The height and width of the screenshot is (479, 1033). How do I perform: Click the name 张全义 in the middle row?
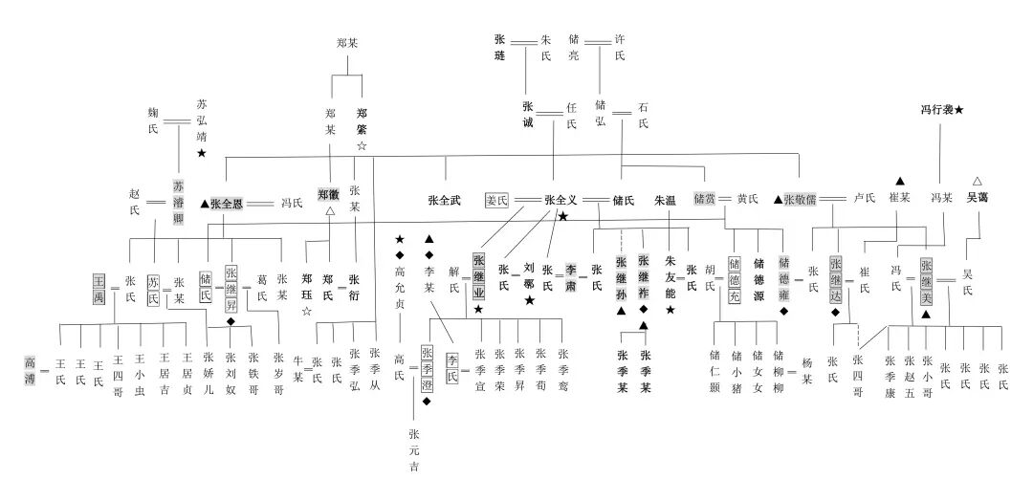pos(562,201)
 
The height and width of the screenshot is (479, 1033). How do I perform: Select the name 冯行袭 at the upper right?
pos(934,110)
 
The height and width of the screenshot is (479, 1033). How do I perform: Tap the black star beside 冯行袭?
pos(958,110)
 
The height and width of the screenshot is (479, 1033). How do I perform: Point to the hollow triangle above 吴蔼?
pos(977,181)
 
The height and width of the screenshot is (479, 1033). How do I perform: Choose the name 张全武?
pos(445,201)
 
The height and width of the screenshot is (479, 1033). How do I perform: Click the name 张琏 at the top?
pos(499,49)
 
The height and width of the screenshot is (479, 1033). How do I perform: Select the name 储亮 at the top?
pos(574,49)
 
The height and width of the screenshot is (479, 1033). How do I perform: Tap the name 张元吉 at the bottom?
pos(413,450)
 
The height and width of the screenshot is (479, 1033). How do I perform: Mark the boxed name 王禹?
pos(99,285)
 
